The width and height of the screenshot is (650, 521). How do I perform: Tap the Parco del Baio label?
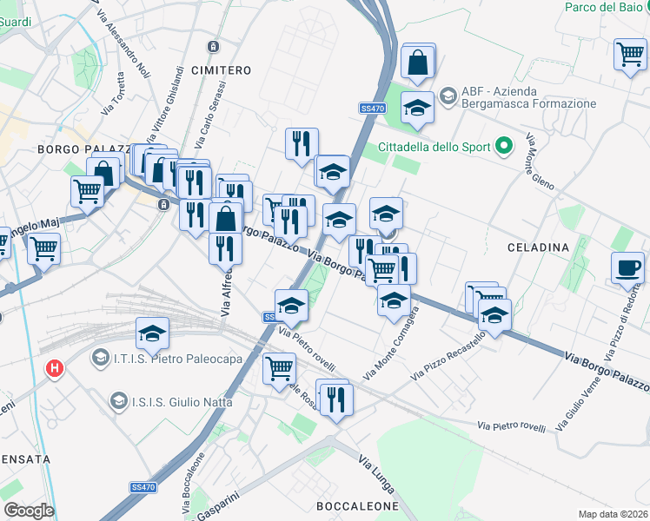(x=601, y=7)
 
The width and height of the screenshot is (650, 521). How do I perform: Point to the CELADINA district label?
(x=539, y=247)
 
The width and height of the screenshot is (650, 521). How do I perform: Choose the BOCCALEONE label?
(x=356, y=505)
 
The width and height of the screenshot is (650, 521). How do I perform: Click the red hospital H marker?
(x=56, y=368)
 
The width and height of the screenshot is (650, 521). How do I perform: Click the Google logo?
(x=29, y=511)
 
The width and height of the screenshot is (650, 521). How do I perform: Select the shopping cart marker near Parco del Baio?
(x=629, y=54)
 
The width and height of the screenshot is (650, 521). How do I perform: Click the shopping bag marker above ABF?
(x=418, y=62)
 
